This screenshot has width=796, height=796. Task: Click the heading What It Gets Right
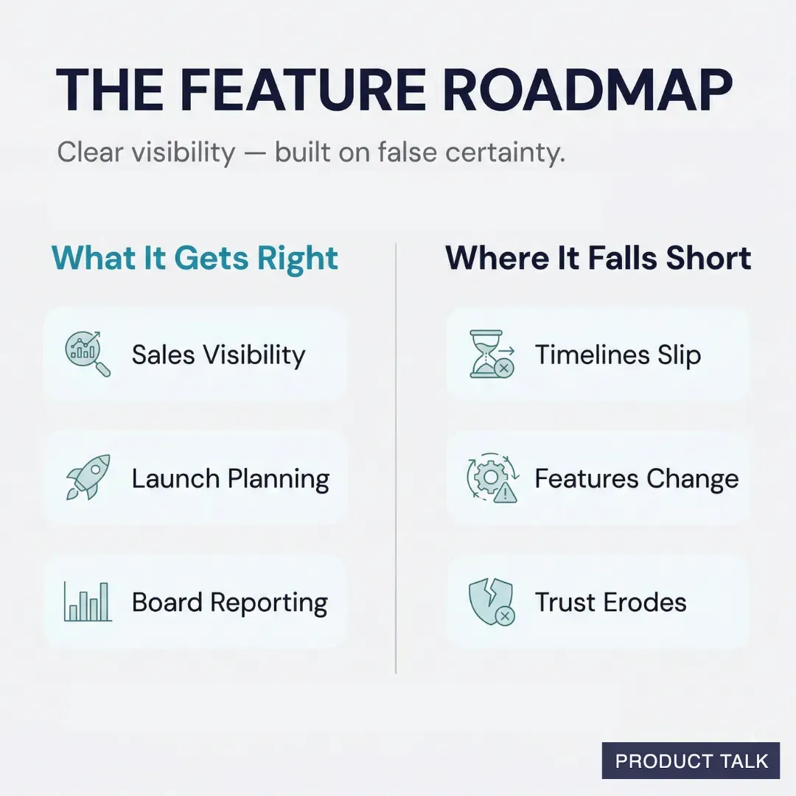pos(195,259)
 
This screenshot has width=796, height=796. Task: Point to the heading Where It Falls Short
pos(598,259)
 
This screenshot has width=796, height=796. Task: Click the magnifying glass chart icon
pos(87,354)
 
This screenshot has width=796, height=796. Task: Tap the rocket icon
pos(87,478)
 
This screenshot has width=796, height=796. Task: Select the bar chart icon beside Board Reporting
pos(87,601)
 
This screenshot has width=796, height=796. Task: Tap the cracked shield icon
pos(491,602)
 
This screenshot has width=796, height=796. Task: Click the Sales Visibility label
pos(218,355)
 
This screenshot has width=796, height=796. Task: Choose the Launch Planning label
pos(230,479)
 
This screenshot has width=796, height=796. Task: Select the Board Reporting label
pos(229,603)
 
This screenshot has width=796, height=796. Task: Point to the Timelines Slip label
pos(618,355)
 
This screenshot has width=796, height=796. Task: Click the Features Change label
pos(636,479)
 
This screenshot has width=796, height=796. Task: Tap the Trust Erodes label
pos(610,603)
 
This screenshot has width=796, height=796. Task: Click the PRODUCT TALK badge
pos(691,761)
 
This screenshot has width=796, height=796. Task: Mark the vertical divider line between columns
pos(396,457)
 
